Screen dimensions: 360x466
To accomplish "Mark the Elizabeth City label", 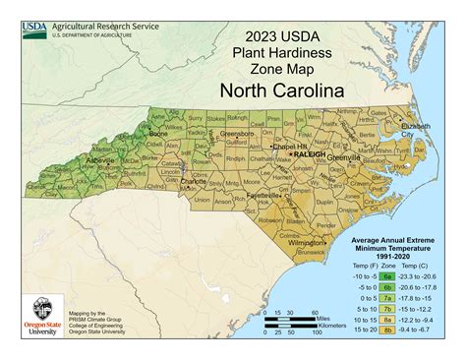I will click(x=414, y=129).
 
